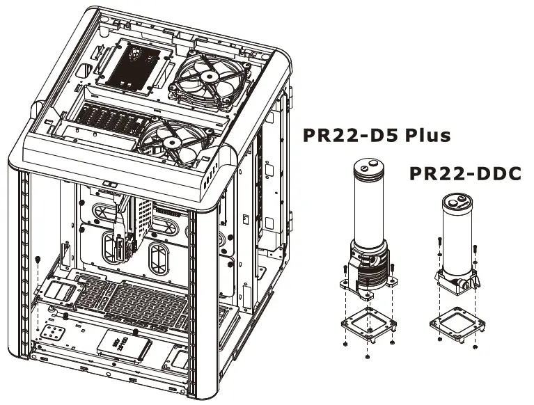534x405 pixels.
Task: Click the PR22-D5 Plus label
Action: coord(376,134)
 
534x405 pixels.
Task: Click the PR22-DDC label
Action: coord(464,173)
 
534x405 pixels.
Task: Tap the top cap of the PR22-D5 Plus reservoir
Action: coord(369,165)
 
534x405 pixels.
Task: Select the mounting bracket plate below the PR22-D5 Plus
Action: coord(367,325)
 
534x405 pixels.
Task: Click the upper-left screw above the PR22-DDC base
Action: coord(439,241)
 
